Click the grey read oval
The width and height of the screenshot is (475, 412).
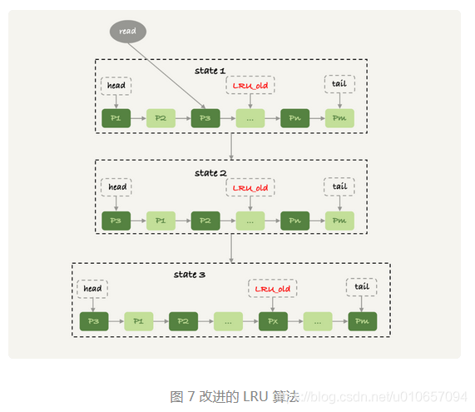click(127, 32)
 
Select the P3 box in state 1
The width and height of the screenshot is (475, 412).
click(205, 119)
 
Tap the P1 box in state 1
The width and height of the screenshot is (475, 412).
click(116, 119)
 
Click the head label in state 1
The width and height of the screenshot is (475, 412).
click(116, 85)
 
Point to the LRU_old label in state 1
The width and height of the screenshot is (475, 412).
click(250, 85)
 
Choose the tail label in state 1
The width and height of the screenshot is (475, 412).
click(339, 84)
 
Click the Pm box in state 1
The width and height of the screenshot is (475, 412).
click(339, 119)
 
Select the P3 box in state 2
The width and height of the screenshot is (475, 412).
click(116, 221)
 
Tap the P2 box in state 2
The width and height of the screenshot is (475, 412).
click(205, 221)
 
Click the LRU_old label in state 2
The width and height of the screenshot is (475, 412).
click(250, 187)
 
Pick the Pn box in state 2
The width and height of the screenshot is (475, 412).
click(294, 221)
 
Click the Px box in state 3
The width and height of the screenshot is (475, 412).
click(272, 321)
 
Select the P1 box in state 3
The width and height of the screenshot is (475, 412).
click(138, 321)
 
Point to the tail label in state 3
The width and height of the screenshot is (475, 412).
click(362, 287)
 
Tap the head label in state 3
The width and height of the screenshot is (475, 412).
click(92, 289)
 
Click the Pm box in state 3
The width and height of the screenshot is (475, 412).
click(362, 321)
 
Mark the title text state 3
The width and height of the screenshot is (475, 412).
click(186, 274)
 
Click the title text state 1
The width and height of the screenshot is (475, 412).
click(210, 71)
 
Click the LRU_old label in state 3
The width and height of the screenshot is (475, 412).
click(272, 289)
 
